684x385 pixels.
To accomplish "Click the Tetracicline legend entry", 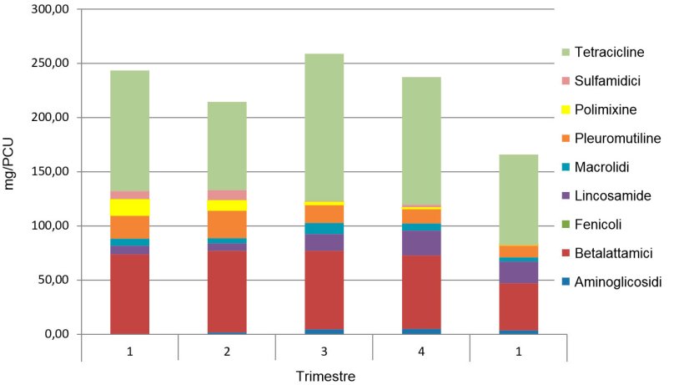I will [609, 52].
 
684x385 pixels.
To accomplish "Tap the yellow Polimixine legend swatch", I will [566, 109].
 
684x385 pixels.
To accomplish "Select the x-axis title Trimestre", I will [325, 377].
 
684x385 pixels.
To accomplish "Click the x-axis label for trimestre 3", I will [324, 352].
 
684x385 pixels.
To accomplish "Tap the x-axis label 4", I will [421, 352].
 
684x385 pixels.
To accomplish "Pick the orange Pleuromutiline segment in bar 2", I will [227, 224].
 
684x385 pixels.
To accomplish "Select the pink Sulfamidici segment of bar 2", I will [227, 195].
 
